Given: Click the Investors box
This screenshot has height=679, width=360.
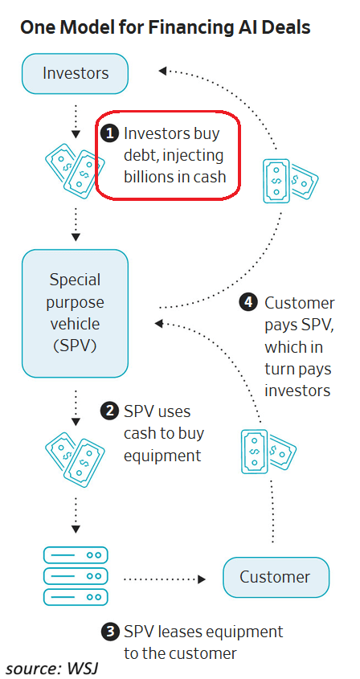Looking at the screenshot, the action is tap(75, 74).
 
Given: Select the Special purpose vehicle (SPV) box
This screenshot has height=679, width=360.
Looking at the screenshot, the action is tap(75, 313).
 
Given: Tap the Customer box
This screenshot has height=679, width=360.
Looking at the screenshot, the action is tap(276, 577).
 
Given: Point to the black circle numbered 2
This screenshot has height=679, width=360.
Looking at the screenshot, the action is tap(109, 411).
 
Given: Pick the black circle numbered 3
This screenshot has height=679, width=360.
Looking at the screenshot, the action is tap(109, 632).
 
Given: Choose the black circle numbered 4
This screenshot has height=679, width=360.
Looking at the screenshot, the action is tap(248, 303).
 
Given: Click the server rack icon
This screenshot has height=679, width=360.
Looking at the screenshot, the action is tap(76, 576).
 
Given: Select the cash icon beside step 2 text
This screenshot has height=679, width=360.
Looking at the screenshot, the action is tap(75, 460).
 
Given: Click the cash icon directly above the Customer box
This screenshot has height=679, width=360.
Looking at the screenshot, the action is tap(268, 452).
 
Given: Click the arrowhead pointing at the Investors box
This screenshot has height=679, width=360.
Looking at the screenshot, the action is tap(163, 71).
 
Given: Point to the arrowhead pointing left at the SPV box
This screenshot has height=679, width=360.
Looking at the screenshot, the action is tap(159, 323).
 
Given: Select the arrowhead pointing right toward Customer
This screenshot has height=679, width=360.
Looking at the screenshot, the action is tap(202, 579).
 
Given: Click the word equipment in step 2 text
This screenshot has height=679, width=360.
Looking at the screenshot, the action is tap(162, 456).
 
